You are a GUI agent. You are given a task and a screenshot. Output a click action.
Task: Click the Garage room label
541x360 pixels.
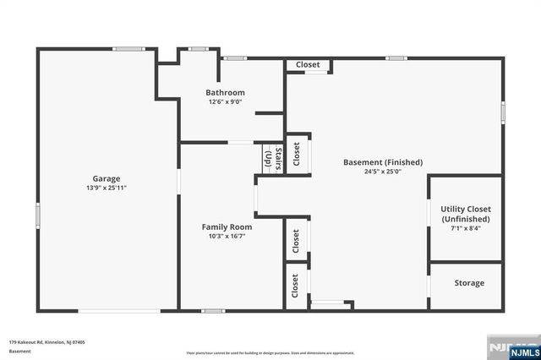[x=107, y=178]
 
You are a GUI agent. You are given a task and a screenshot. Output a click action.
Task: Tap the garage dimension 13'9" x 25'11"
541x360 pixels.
[x=107, y=188]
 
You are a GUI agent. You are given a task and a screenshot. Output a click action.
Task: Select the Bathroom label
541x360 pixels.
[x=226, y=92]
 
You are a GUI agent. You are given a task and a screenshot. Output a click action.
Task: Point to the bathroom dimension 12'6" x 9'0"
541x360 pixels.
[x=226, y=101]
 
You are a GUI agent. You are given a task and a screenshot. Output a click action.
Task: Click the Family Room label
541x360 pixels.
[x=227, y=226]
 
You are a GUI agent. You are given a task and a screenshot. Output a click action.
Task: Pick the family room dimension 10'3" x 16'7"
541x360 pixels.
[x=227, y=237]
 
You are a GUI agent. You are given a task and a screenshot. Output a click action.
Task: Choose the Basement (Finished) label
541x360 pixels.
[x=382, y=162]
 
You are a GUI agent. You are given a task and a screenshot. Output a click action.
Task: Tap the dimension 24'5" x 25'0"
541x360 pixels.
[x=382, y=172]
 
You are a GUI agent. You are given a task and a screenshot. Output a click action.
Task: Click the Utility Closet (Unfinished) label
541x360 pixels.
[x=466, y=214]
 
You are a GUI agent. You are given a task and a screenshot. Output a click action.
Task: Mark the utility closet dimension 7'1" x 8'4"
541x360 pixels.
[x=466, y=228]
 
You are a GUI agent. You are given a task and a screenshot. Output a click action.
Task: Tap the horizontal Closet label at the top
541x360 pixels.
[x=308, y=64]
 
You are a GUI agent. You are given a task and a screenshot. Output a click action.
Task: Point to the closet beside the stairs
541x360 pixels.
[x=297, y=154]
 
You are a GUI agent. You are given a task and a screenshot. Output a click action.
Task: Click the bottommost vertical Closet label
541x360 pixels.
[x=296, y=286]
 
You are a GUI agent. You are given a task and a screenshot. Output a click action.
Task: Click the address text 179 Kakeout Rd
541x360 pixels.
[x=46, y=341]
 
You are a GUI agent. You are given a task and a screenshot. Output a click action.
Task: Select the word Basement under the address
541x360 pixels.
[x=20, y=351]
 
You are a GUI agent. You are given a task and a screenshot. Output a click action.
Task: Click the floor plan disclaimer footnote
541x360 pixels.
[x=270, y=352]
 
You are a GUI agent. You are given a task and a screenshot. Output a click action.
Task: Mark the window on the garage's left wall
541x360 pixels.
[x=37, y=215]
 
